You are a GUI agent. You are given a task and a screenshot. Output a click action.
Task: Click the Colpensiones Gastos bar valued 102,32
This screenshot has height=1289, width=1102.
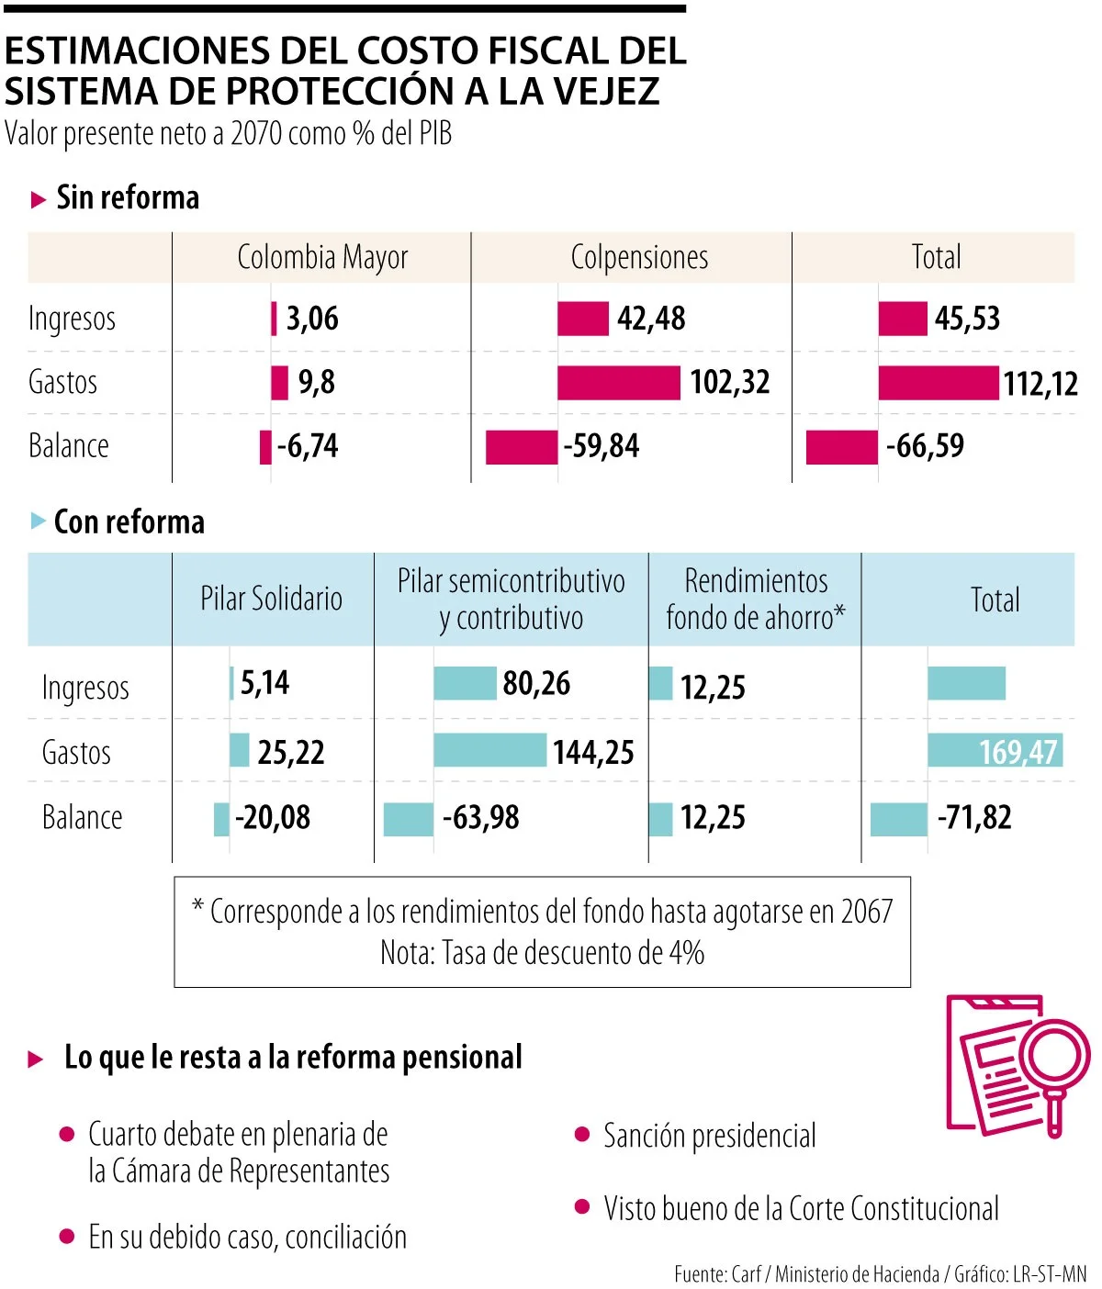tap(618, 383)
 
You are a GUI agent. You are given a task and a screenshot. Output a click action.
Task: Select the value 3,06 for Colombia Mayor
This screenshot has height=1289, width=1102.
tap(312, 319)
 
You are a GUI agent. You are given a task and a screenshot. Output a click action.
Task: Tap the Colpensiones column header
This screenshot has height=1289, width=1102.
tap(639, 257)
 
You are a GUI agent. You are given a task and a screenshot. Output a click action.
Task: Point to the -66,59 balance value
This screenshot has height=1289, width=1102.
tap(925, 446)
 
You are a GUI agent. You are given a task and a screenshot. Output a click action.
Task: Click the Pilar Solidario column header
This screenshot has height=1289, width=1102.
tap(271, 599)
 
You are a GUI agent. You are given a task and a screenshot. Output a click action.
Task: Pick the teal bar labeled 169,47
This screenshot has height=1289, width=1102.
tap(995, 751)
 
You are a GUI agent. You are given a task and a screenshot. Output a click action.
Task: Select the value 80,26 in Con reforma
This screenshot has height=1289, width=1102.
tap(536, 683)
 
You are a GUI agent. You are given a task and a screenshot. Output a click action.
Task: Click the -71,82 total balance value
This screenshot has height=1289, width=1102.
tap(974, 817)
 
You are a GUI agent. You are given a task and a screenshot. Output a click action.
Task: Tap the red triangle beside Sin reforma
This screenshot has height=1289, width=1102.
tap(38, 199)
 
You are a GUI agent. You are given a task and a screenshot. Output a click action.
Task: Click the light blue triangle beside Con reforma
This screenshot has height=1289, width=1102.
tap(38, 521)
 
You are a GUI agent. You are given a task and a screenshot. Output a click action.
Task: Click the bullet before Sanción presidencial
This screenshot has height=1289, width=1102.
tap(581, 1135)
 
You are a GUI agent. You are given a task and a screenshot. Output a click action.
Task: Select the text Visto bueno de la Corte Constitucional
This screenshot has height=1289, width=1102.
tap(801, 1209)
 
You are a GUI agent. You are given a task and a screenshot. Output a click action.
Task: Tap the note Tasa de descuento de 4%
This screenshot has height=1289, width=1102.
tap(542, 953)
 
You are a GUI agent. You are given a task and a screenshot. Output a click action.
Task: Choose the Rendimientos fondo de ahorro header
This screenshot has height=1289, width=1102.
tap(755, 599)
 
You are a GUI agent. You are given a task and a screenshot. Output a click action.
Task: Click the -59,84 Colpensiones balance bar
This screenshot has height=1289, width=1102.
tap(521, 447)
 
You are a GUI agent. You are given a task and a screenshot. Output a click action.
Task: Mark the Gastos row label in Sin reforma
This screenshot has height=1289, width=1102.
tap(62, 382)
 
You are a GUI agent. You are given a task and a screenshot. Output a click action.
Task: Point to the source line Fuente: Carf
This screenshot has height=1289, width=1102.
tap(716, 1274)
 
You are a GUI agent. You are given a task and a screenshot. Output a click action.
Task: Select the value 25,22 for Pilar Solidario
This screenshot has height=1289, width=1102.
tap(290, 752)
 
